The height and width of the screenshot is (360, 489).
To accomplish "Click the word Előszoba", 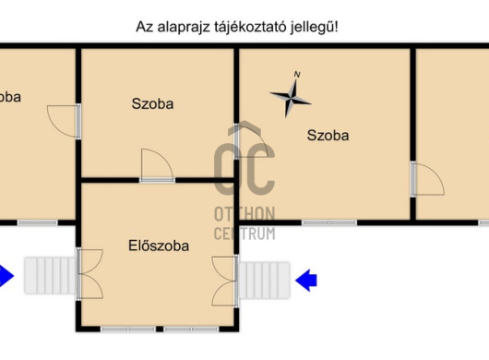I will coord(158,246).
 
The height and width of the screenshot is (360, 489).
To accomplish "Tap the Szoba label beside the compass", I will coord(328,136).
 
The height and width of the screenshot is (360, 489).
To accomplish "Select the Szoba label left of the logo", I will coord(152,103).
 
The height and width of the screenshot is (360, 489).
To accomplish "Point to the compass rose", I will coord(291,95).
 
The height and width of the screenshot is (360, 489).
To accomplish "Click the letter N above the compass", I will coord(296,74).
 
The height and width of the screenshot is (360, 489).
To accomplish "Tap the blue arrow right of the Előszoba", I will coord(306,276).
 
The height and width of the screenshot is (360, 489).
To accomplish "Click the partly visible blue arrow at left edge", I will coord(6,275).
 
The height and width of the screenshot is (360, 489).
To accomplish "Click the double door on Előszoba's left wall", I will coord(90,274).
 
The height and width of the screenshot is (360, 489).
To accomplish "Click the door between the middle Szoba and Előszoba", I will coord(157,166).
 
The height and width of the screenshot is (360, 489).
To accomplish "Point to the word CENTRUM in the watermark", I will coord(244,233).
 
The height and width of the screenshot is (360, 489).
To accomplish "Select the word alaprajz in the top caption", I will coord(187,27).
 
